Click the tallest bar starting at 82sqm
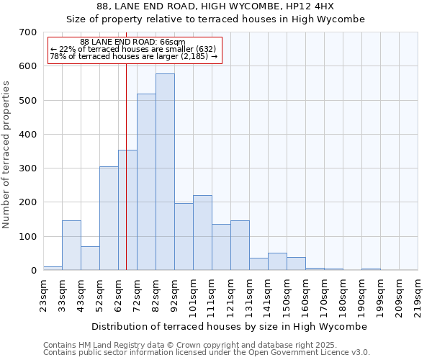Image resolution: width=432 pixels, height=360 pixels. click(x=165, y=172)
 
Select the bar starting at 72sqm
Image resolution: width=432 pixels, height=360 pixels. click(x=146, y=182)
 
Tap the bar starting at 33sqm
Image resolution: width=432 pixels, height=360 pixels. click(x=71, y=246)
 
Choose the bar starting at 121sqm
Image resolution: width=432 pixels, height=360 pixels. click(x=240, y=246)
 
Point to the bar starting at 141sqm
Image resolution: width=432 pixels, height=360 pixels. click(x=277, y=261)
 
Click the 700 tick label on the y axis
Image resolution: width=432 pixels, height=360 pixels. click(x=27, y=32)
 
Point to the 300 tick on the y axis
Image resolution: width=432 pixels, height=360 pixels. click(x=27, y=168)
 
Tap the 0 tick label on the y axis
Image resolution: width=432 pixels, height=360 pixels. click(x=33, y=271)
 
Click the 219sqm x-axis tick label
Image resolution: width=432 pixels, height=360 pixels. click(x=418, y=297)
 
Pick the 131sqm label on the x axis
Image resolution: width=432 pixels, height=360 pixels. click(x=249, y=297)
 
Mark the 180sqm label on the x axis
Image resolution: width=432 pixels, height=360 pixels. click(x=343, y=297)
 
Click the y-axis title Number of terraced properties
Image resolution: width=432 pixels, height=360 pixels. click(x=6, y=155)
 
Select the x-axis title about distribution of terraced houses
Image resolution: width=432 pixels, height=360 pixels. click(x=230, y=326)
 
